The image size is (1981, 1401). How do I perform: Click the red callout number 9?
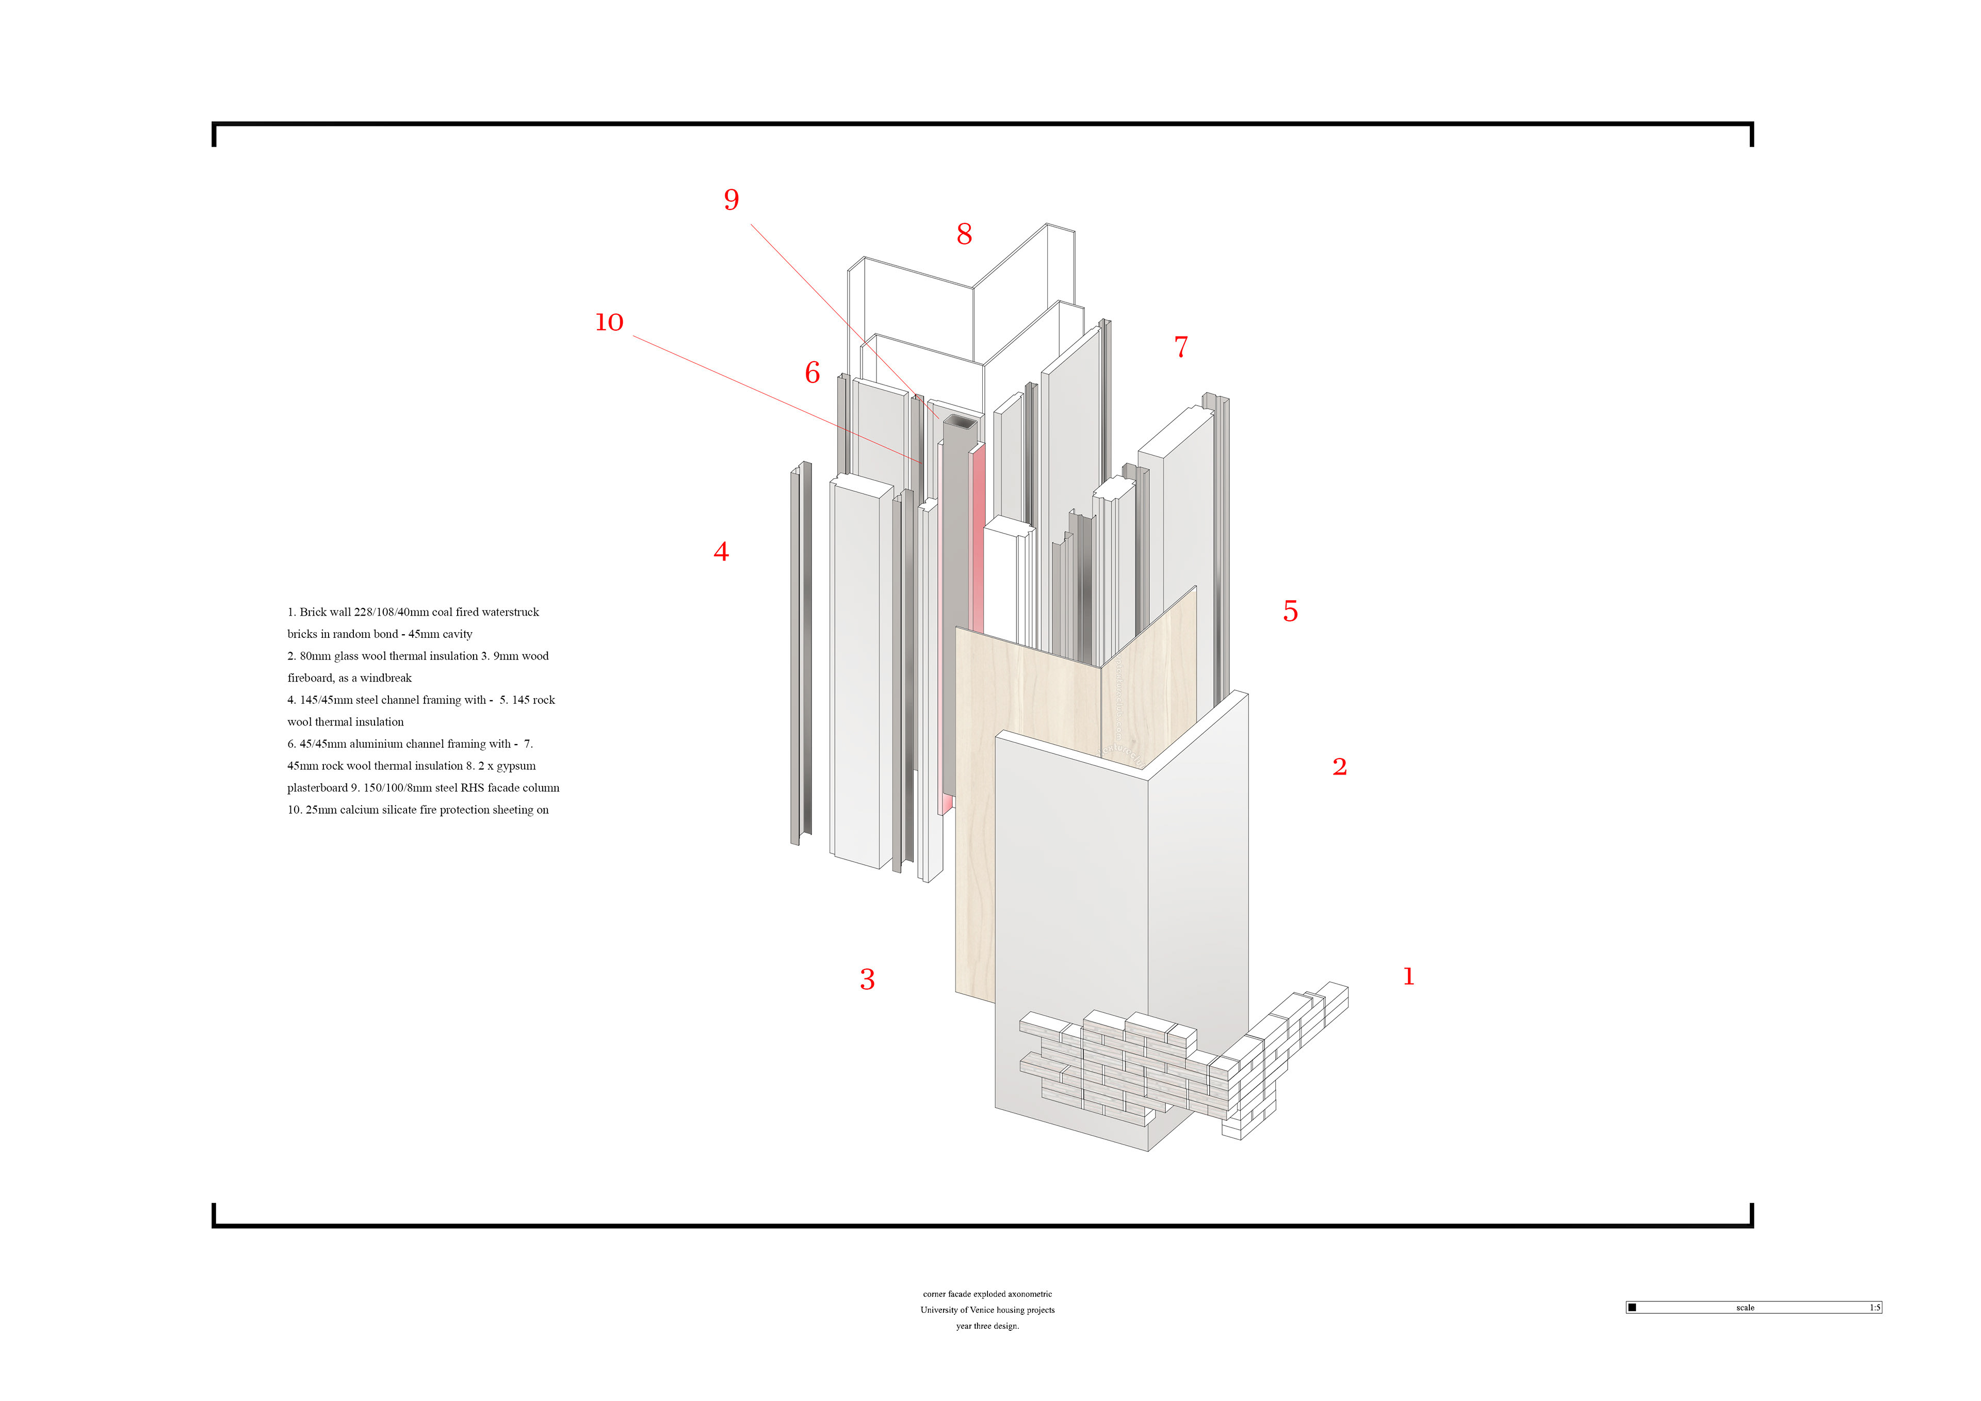pyautogui.click(x=731, y=200)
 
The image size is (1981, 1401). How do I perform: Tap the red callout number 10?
pyautogui.click(x=609, y=323)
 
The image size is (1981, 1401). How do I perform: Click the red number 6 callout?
pyautogui.click(x=812, y=373)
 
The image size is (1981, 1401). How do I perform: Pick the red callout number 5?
pyautogui.click(x=1290, y=611)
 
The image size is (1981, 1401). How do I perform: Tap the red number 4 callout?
pyautogui.click(x=721, y=552)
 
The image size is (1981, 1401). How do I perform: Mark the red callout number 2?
pyautogui.click(x=1339, y=766)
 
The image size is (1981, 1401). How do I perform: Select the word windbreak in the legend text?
pyautogui.click(x=386, y=678)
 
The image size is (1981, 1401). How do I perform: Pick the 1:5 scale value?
pyautogui.click(x=1874, y=1308)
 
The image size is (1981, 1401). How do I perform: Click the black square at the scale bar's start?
pyautogui.click(x=1632, y=1308)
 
